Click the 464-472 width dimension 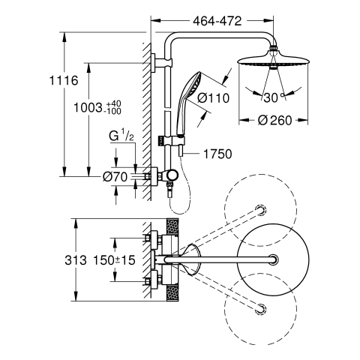[x=217, y=21]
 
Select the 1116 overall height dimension [x=64, y=81]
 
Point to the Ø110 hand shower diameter [x=213, y=98]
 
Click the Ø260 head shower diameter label [x=274, y=121]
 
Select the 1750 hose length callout [x=217, y=154]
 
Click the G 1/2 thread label [x=121, y=136]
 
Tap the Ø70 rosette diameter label [x=115, y=177]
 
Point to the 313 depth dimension [x=76, y=260]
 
